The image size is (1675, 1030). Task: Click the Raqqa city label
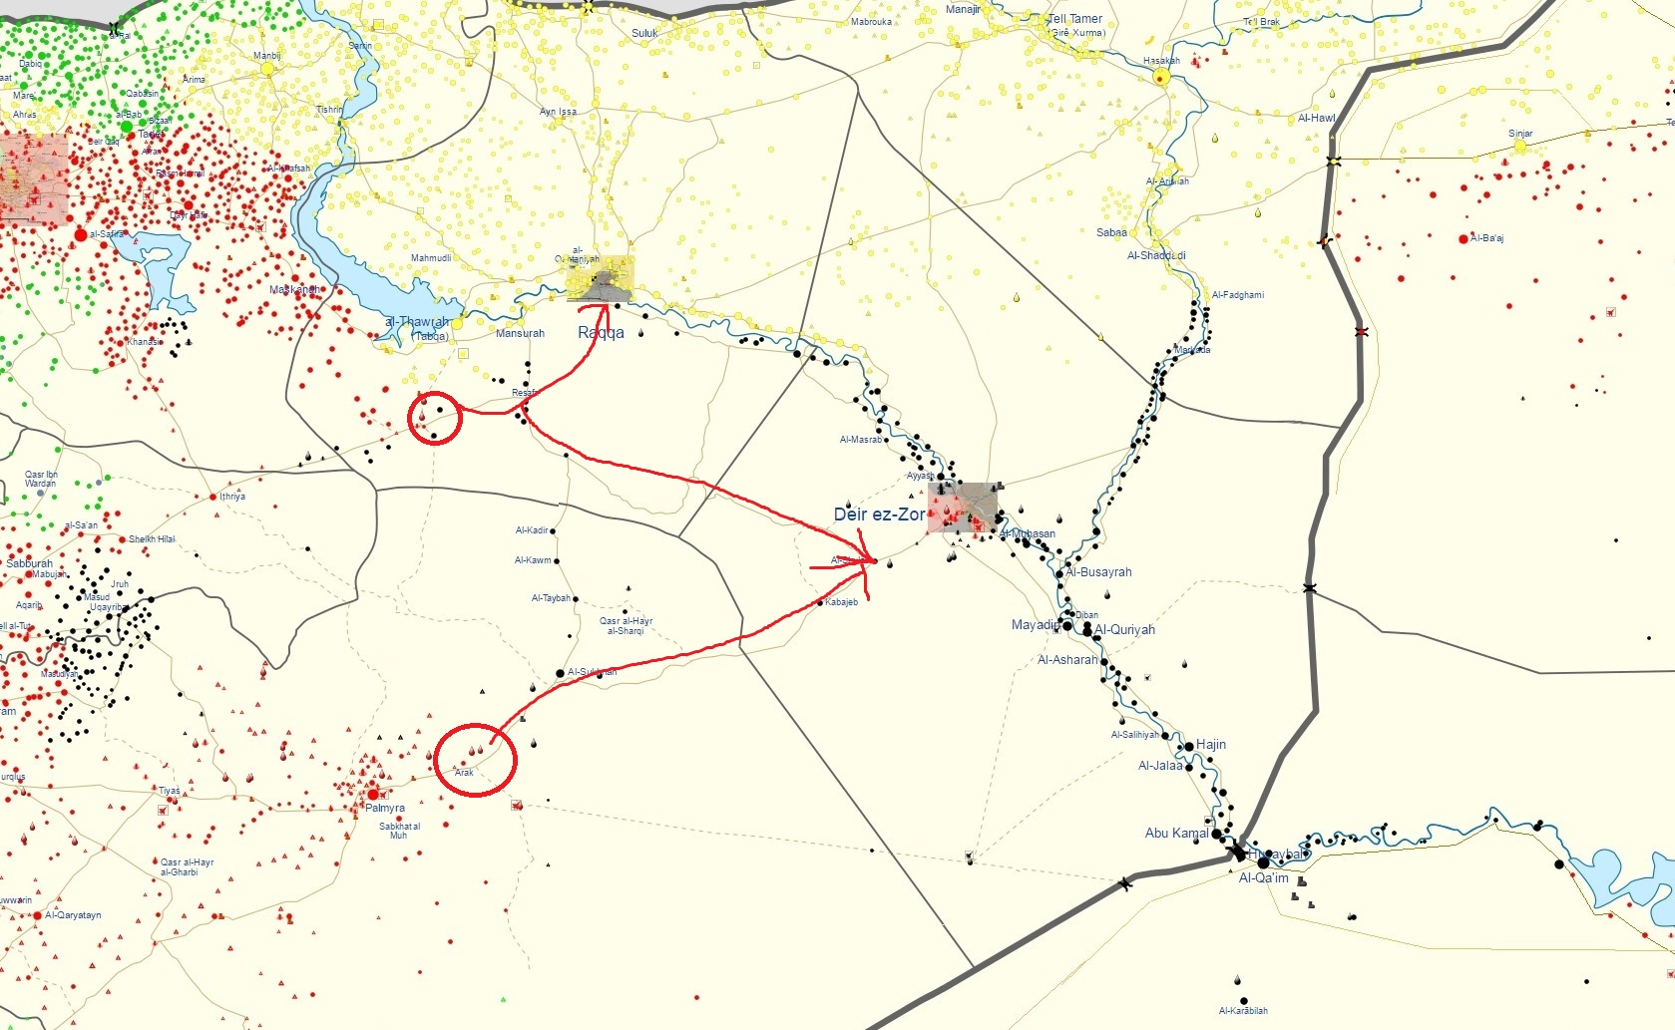point(601,333)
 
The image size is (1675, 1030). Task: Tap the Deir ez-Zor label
point(879,515)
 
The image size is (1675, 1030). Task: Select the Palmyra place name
point(385,808)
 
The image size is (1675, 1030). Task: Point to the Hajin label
point(1211,745)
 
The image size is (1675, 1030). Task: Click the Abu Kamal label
point(1176,833)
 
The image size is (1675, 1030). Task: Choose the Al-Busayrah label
point(1098,572)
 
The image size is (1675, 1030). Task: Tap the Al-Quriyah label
point(1124,630)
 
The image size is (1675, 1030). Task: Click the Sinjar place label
point(1520,134)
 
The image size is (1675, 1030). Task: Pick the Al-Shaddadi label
point(1156,255)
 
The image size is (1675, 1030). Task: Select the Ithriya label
point(232,497)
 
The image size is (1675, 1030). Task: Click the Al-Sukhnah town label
point(592,672)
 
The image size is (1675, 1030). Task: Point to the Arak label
point(464,773)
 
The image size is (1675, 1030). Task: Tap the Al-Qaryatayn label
point(73,915)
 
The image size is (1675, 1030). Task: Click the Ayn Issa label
point(558,112)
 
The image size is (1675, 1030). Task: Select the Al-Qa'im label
point(1263,878)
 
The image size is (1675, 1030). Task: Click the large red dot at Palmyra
point(373,795)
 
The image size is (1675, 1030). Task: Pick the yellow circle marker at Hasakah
point(1160,77)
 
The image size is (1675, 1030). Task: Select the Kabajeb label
point(841,602)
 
